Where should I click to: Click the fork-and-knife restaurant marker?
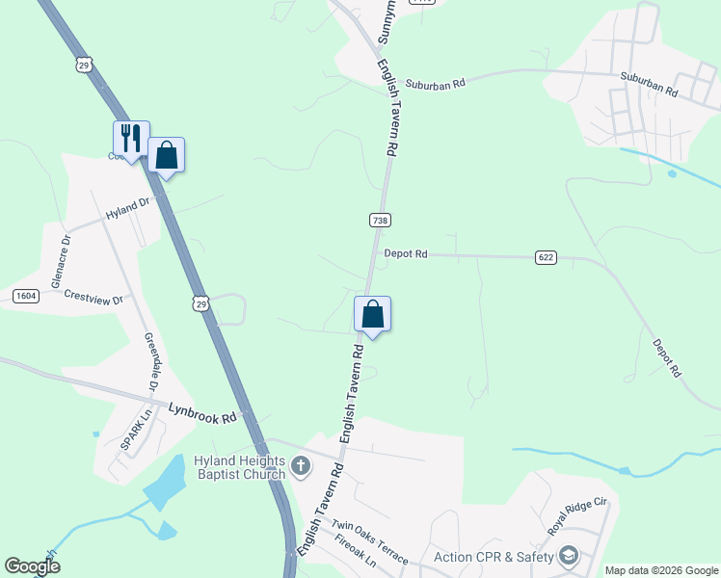pyautogui.click(x=131, y=138)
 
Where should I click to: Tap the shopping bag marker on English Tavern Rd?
pyautogui.click(x=372, y=314)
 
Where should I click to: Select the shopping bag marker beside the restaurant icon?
pyautogui.click(x=166, y=155)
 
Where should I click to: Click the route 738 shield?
pyautogui.click(x=380, y=221)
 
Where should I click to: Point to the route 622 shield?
pyautogui.click(x=546, y=257)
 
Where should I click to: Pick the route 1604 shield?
pyautogui.click(x=25, y=296)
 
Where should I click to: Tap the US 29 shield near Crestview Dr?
pyautogui.click(x=200, y=303)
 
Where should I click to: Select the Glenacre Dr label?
pyautogui.click(x=61, y=261)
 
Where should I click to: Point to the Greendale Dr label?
pyautogui.click(x=151, y=362)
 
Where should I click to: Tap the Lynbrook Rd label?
pyautogui.click(x=202, y=413)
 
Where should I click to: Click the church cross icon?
pyautogui.click(x=300, y=467)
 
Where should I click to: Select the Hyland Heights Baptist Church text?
pyautogui.click(x=240, y=466)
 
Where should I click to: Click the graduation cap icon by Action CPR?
pyautogui.click(x=569, y=555)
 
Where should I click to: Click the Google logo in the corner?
pyautogui.click(x=32, y=566)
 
